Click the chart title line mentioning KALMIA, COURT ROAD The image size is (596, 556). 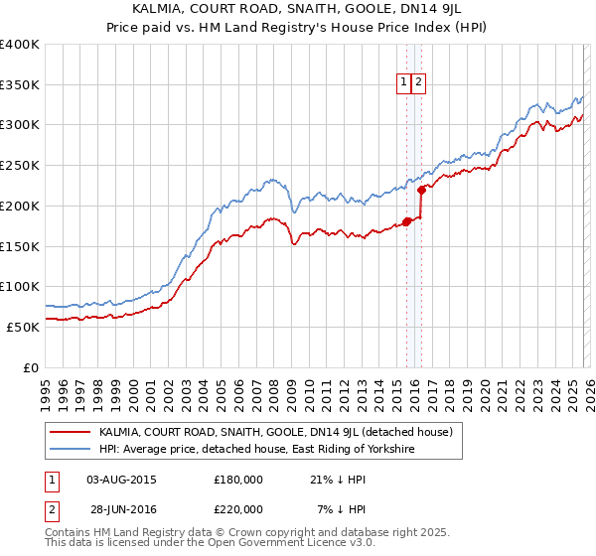point(297,8)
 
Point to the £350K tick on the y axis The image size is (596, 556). point(20,85)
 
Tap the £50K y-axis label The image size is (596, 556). point(23,327)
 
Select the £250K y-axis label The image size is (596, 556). point(20,166)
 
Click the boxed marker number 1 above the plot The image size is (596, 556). point(405,83)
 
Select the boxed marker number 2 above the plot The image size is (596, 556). point(419,83)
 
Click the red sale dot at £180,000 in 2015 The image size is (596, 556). point(406,221)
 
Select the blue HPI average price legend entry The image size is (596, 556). point(255,450)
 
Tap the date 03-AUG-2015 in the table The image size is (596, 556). point(122,480)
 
